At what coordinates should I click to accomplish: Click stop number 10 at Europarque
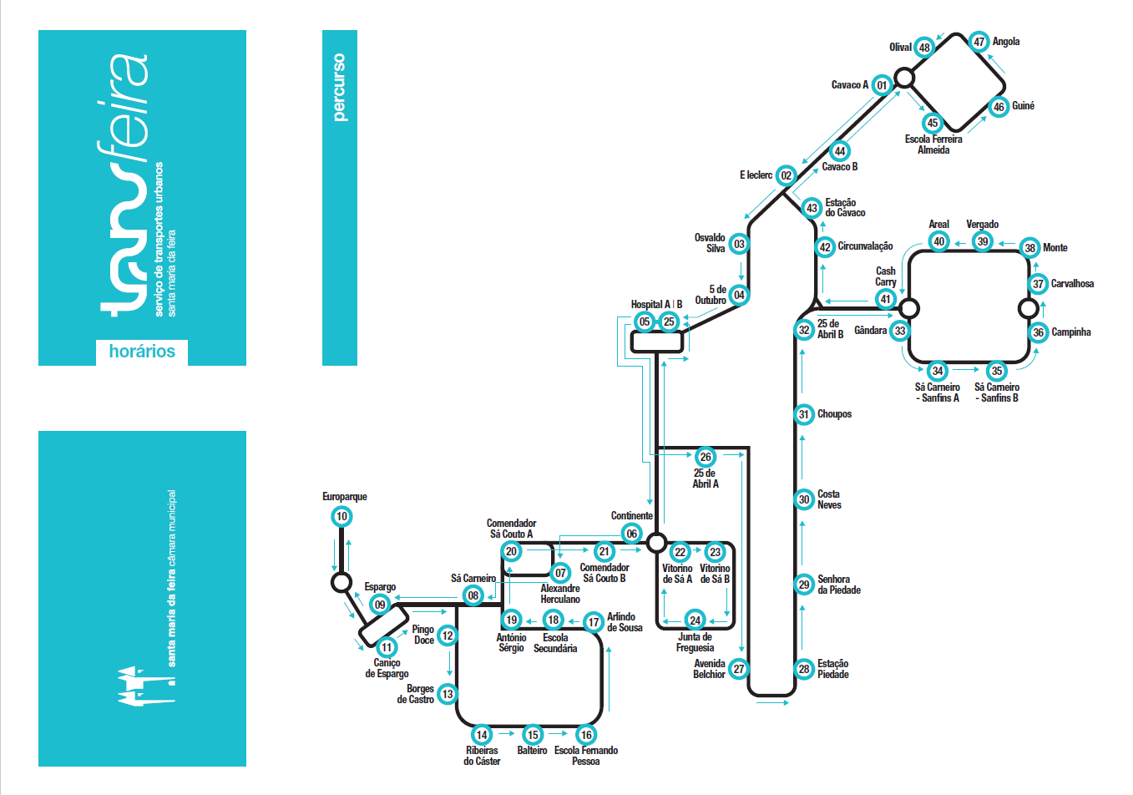coord(341,516)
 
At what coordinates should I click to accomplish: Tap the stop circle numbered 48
coord(923,48)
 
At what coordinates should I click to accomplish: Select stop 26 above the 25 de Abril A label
coord(706,457)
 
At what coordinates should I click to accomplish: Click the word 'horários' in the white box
coord(142,352)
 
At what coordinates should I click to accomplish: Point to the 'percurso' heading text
coord(339,88)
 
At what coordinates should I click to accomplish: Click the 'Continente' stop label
coord(631,516)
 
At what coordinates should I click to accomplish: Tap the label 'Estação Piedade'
coord(832,669)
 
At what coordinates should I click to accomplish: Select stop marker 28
coord(804,669)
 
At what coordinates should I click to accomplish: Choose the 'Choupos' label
coord(834,414)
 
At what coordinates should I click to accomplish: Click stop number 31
coord(804,414)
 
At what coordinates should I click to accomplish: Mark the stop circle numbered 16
coord(586,735)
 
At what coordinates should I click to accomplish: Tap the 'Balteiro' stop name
coord(532,751)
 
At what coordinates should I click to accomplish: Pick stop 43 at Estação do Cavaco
coord(812,208)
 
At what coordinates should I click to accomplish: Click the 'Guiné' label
coord(1023,106)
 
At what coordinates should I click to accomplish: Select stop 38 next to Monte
coord(1030,248)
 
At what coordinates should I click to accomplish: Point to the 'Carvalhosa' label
coord(1072,284)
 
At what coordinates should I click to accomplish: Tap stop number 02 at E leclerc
coord(786,175)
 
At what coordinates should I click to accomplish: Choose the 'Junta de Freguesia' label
coord(695,642)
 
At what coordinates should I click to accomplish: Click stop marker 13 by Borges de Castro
coord(448,694)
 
